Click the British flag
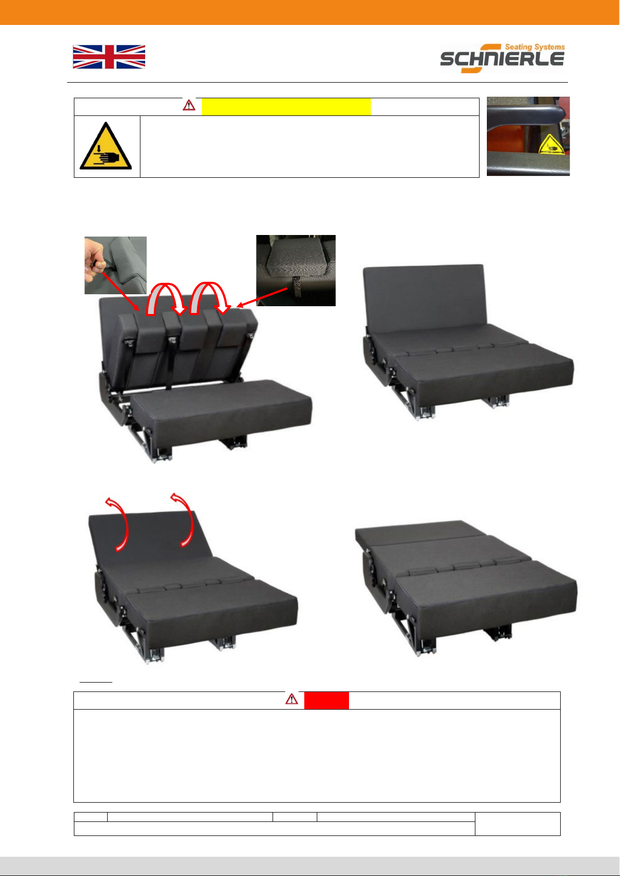coord(109,57)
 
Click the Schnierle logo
coord(502,58)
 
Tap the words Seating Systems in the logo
coord(535,47)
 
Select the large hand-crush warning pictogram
coord(106,146)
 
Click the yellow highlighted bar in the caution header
coord(286,107)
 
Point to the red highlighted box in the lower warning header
coord(326,700)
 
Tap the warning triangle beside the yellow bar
coord(189,105)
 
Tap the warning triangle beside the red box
coord(291,699)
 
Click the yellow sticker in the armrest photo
coord(550,145)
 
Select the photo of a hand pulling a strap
coord(115,265)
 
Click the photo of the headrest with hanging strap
coord(296,270)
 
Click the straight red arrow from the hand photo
coord(121,292)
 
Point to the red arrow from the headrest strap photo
coord(262,297)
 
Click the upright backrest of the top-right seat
coord(424,298)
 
